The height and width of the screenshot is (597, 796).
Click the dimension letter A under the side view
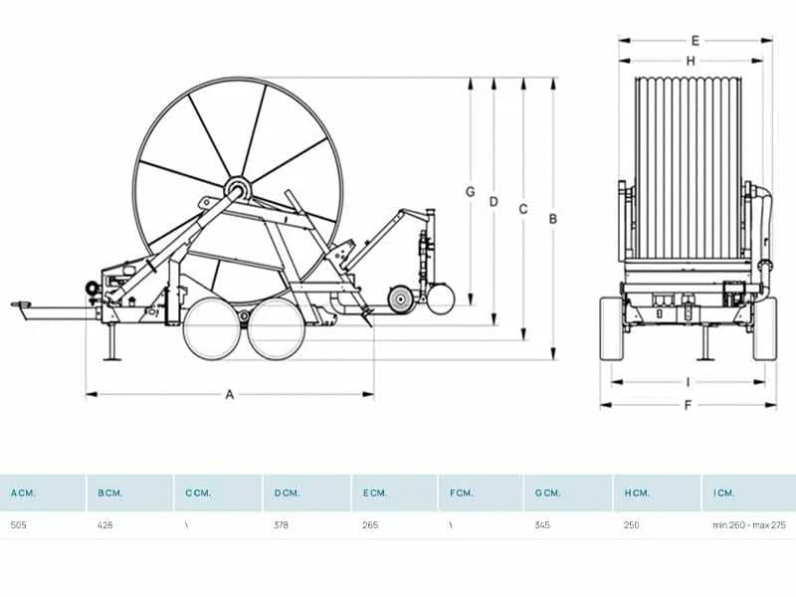pos(230,394)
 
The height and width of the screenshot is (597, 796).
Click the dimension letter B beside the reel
pos(553,219)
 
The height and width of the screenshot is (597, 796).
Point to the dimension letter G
pos(470,192)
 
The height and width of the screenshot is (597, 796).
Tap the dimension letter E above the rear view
pos(695,41)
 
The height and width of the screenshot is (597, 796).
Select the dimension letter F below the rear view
pos(688,405)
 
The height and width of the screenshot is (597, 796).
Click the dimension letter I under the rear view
pos(688,382)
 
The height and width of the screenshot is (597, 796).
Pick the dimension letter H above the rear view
pos(691,61)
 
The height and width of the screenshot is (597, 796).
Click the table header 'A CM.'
pos(23,493)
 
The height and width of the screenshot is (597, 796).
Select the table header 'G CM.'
pos(547,493)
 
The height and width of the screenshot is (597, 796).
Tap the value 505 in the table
pos(18,525)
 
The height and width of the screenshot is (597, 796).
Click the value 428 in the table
pos(105,525)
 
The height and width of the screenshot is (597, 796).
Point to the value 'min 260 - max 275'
pos(749,525)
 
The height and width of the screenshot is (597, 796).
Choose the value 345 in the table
pos(542,525)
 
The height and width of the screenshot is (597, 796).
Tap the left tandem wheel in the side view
pos(211,329)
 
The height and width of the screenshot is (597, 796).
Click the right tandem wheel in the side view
pos(277,329)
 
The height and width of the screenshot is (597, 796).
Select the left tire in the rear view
pos(612,329)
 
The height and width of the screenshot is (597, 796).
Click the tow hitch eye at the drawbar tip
pos(20,304)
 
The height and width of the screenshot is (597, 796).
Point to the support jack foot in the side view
pos(112,359)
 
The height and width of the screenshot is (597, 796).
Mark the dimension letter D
pos(494,202)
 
